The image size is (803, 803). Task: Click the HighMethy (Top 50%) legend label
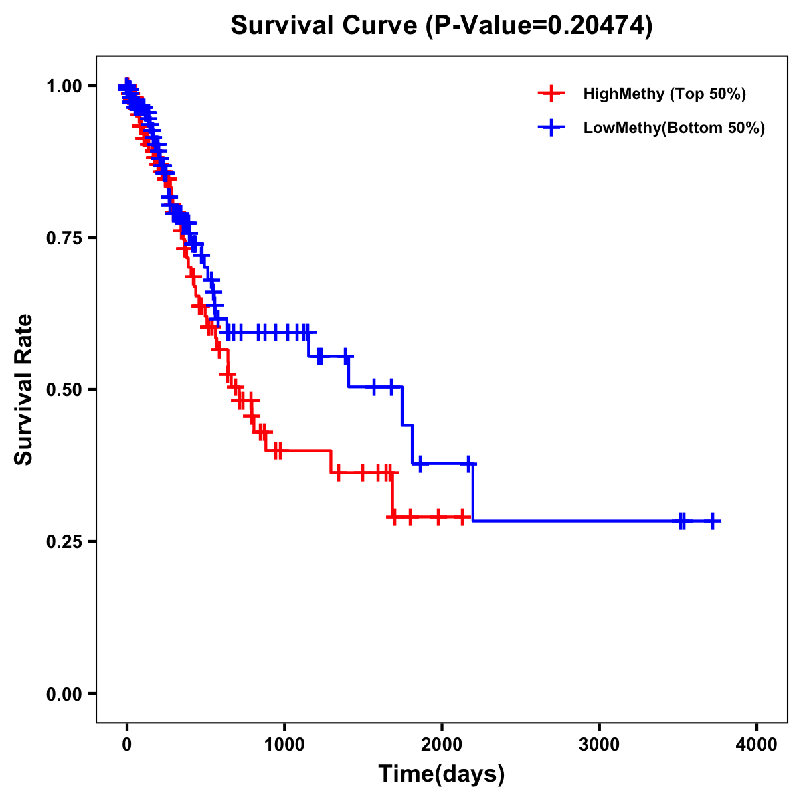coord(664,94)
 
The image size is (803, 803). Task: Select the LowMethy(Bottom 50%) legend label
coord(674,128)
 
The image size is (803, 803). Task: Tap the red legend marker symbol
coord(551,94)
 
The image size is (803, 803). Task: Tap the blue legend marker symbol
coord(551,128)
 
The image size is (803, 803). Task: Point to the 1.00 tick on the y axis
coord(64,86)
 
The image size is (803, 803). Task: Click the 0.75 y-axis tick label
coord(64,238)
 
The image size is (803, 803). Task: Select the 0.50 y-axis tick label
coord(64,390)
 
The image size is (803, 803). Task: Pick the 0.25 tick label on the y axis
coord(64,541)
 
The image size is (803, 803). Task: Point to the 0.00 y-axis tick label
coord(64,694)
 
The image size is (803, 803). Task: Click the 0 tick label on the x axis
coord(126,745)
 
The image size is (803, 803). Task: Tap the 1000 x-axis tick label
coord(284,745)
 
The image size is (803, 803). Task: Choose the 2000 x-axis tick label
coord(442,745)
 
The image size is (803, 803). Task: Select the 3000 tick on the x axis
coord(599,745)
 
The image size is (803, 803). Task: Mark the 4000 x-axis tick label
coord(757,745)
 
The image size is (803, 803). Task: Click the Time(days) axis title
coord(442,774)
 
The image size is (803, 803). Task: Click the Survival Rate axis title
coord(24,389)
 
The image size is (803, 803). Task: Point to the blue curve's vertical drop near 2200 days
coord(472,492)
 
